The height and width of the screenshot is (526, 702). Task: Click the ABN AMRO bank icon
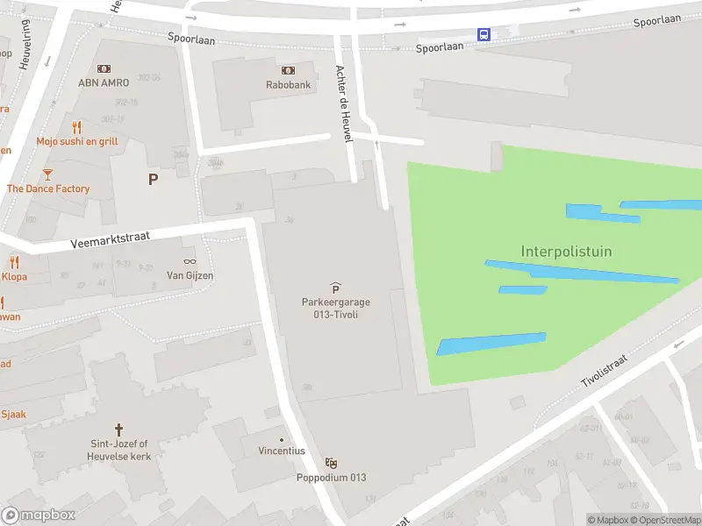click(x=104, y=68)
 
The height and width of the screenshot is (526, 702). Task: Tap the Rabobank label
click(x=288, y=85)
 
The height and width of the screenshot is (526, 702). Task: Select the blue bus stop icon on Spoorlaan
click(x=484, y=34)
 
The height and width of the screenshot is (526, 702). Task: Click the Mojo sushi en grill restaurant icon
click(x=76, y=127)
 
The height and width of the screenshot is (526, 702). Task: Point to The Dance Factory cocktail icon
click(x=47, y=174)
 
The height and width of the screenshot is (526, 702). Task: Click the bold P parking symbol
click(x=154, y=180)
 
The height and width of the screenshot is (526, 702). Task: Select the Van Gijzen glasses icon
click(x=190, y=261)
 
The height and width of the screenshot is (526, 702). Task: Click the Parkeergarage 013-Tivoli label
click(x=335, y=309)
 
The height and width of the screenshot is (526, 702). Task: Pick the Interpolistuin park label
click(x=566, y=252)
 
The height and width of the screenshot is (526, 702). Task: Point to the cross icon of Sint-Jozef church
click(x=119, y=432)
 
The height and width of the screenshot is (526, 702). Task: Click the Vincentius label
click(x=282, y=451)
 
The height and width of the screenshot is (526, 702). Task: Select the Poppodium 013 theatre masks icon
click(x=331, y=463)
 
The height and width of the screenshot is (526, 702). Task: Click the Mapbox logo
click(x=38, y=515)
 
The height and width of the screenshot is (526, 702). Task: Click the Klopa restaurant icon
click(x=14, y=262)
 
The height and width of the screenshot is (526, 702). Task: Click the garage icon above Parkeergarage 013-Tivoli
click(x=335, y=288)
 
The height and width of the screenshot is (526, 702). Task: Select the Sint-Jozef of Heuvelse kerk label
click(x=119, y=451)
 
